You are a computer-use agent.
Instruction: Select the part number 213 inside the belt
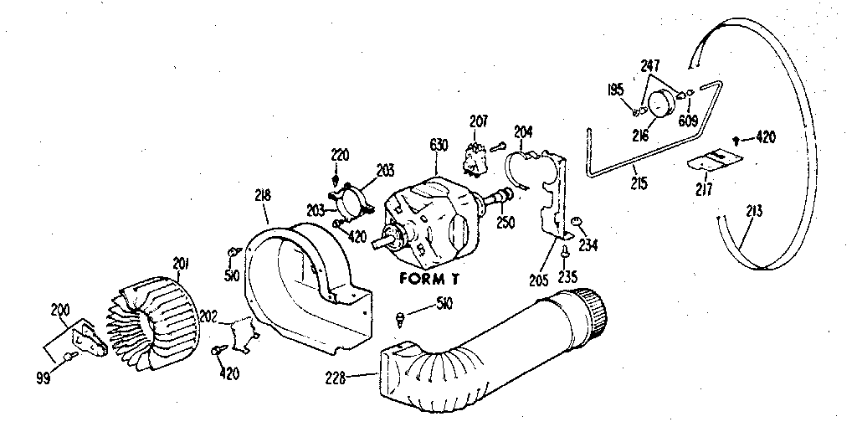754,210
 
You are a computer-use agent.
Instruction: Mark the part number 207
478,121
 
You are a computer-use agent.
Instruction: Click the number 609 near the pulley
688,121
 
